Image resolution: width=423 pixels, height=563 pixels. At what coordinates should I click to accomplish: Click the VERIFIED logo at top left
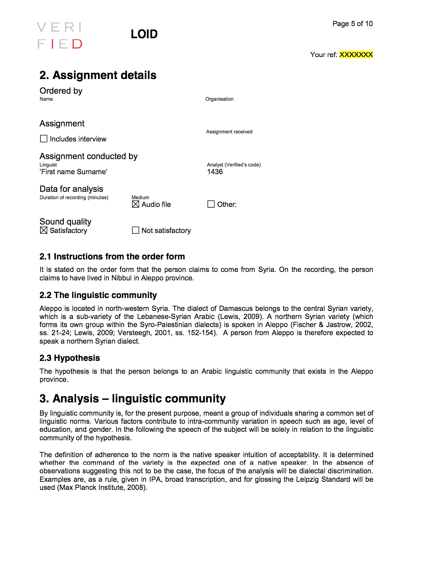coord(60,35)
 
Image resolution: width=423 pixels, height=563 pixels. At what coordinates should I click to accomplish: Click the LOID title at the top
coord(144,34)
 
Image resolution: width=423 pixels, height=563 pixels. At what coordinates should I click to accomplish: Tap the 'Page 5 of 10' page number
coord(352,24)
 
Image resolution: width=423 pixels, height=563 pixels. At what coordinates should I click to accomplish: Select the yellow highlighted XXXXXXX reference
coord(356,55)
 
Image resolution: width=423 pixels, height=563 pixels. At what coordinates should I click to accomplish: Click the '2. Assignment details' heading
coord(98,75)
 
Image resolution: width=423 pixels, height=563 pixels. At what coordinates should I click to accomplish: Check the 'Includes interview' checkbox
coord(44,139)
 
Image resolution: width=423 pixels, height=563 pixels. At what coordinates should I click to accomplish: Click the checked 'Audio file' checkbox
coord(136,204)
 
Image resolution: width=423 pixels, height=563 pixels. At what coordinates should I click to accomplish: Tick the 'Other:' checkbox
coord(211,204)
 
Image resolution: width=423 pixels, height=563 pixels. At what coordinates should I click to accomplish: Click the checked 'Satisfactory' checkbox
coord(44,230)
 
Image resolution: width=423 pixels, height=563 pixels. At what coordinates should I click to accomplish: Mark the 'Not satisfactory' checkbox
coord(136,230)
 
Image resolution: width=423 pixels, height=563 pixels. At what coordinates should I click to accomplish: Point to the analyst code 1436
coord(215,172)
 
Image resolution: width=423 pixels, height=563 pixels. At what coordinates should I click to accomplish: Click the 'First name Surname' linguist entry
coord(74,172)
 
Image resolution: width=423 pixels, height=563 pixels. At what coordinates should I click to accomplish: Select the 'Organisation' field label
coord(219,99)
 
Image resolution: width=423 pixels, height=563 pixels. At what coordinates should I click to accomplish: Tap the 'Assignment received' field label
coord(229,132)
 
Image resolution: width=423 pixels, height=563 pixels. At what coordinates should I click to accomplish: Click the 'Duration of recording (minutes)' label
coord(74,198)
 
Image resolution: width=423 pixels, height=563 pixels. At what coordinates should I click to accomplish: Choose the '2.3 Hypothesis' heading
coord(70,358)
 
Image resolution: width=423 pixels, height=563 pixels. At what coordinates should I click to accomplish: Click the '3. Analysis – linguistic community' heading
coord(132,399)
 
